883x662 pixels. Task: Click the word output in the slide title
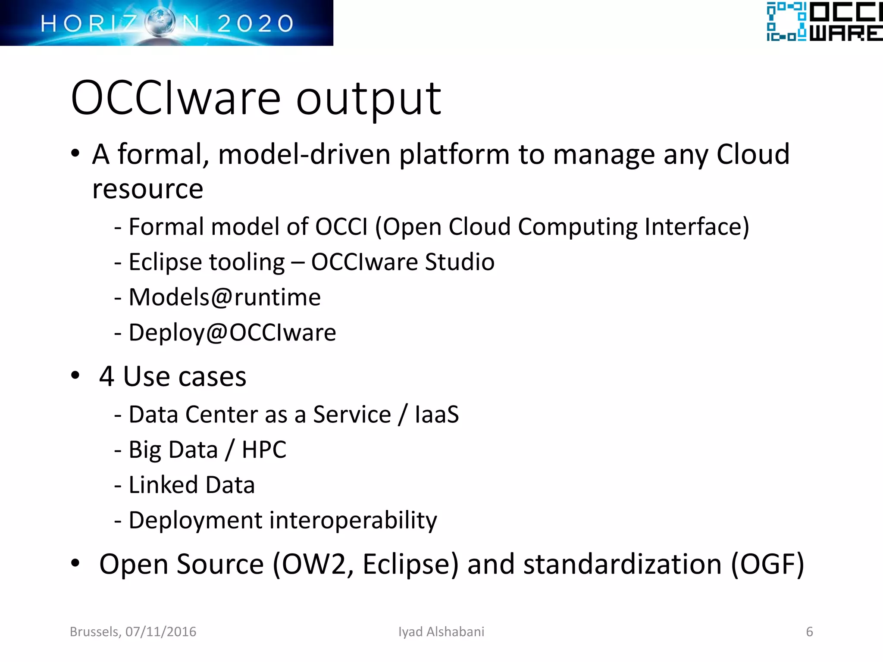pos(369,99)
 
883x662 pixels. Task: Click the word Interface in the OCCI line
pos(697,227)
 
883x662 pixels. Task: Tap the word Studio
pos(460,262)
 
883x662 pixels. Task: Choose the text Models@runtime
pos(225,297)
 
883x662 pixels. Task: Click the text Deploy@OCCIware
pos(232,333)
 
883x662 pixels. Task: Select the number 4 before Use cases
pos(106,376)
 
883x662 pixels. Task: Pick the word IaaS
pos(437,415)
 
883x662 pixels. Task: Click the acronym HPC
pos(264,450)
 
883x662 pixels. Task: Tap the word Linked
pos(163,485)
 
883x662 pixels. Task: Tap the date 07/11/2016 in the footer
pos(160,632)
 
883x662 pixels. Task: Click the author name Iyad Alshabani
pos(441,632)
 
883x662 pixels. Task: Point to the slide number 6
pos(809,632)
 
